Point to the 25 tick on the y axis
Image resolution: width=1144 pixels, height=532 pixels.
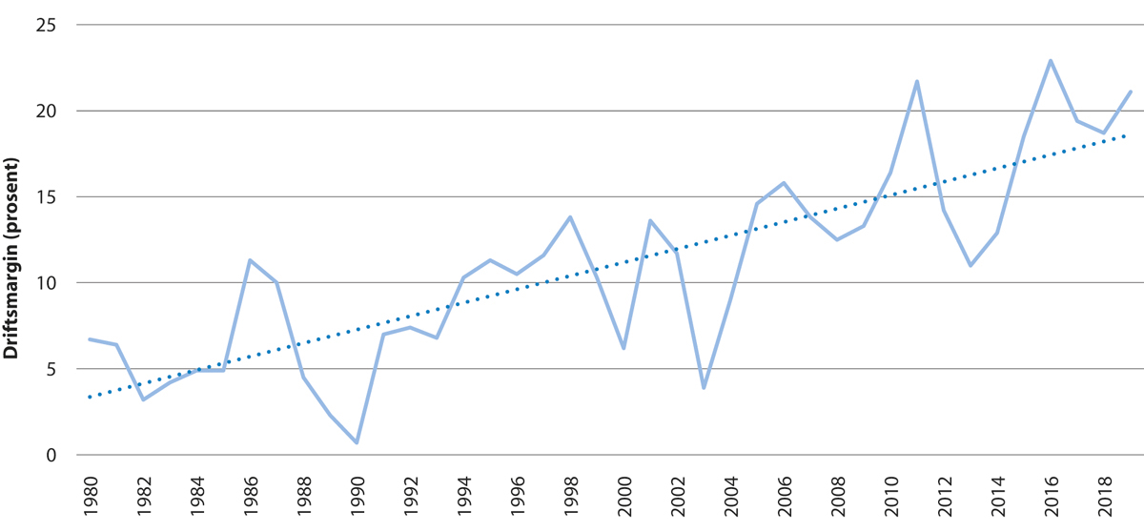[x=44, y=26]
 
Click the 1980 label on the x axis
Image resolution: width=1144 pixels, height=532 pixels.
[x=90, y=496]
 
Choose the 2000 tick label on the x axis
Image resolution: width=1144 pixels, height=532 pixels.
[x=623, y=496]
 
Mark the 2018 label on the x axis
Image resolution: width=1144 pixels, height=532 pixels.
[x=1103, y=496]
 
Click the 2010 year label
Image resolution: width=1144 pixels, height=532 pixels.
[x=890, y=496]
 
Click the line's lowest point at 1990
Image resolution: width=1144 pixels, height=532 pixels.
[x=357, y=443]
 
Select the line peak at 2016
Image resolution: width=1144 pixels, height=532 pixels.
[x=1050, y=61]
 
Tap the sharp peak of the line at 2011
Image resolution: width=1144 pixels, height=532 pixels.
[x=917, y=81]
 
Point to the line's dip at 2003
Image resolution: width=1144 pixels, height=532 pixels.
[x=704, y=388]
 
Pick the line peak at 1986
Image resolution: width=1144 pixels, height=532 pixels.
[x=250, y=260]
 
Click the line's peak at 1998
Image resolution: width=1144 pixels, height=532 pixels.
[x=570, y=217]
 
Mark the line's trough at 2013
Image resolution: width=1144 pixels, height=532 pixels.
[x=970, y=265]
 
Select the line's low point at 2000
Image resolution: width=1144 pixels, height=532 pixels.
[x=623, y=349]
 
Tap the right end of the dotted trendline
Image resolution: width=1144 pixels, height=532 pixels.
[x=1129, y=135]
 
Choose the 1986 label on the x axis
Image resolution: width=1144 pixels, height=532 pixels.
[x=250, y=496]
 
